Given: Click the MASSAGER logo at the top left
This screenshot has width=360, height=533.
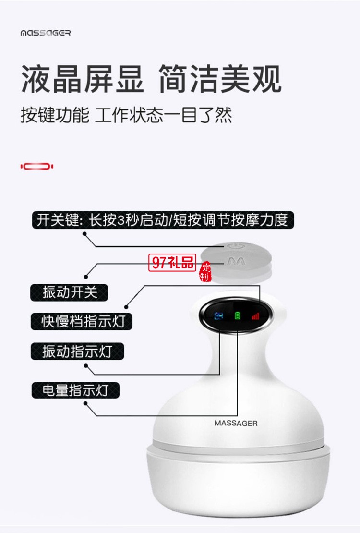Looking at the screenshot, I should click(x=46, y=33).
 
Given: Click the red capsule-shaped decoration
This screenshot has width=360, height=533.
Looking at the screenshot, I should click(x=37, y=166).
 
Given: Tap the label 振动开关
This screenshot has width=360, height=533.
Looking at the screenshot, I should click(x=69, y=292).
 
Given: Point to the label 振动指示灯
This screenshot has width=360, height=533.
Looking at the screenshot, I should click(x=77, y=351).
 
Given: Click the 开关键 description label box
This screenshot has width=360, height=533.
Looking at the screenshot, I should click(x=162, y=220).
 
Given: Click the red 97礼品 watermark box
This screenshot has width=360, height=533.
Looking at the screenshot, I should click(x=173, y=262).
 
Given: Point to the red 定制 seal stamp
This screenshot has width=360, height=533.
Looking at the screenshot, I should click(x=205, y=272).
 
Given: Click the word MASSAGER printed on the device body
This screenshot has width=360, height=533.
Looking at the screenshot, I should click(x=236, y=423).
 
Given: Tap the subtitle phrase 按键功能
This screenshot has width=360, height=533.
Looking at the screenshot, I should click(x=55, y=115).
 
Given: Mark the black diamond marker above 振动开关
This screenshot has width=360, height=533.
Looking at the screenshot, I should click(x=86, y=276).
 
